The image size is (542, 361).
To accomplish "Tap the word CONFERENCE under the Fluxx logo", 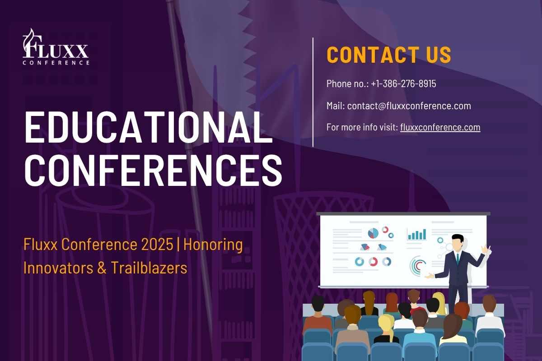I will [56, 63].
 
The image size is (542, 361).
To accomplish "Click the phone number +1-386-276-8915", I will [403, 84].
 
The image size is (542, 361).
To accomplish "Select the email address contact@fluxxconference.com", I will [409, 106].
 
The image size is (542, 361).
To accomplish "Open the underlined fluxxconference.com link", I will [440, 127].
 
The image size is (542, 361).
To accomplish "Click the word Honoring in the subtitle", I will [213, 245].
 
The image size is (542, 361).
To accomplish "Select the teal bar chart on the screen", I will [416, 234].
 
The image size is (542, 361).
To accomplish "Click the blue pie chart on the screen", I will [373, 233].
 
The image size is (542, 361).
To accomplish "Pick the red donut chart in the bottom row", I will [373, 262].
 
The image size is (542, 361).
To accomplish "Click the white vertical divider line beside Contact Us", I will [313, 92].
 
